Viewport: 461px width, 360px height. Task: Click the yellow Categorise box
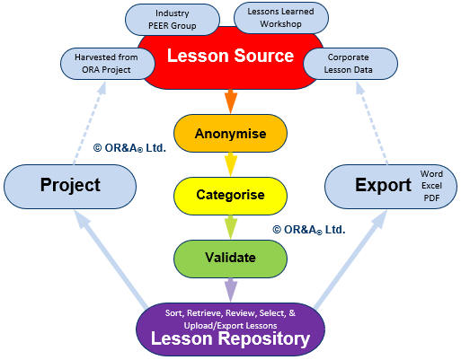(230, 196)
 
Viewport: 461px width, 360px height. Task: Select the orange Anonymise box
(230, 134)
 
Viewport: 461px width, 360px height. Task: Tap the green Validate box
(230, 259)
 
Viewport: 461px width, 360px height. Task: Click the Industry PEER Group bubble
(173, 20)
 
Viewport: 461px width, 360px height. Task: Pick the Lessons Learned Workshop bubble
(280, 18)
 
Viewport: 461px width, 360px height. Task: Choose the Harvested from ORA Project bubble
(108, 64)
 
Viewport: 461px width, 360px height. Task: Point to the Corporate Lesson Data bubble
(350, 64)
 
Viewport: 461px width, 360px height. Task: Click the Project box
(70, 187)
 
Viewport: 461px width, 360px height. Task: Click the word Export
(383, 185)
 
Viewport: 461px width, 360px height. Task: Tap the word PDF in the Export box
(431, 198)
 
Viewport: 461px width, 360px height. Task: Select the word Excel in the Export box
(431, 186)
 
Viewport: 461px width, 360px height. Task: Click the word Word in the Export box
(431, 173)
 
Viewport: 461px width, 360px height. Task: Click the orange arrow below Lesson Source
(230, 101)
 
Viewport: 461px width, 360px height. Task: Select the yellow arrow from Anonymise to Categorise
(230, 164)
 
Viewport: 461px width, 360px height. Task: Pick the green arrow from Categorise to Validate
(230, 227)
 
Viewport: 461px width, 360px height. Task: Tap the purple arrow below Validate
(230, 290)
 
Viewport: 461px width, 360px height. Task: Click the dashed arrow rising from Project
(89, 123)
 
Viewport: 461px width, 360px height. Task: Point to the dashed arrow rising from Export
(372, 123)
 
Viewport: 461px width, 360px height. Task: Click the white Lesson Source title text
(230, 56)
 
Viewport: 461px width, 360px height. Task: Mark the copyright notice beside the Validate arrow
(309, 230)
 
